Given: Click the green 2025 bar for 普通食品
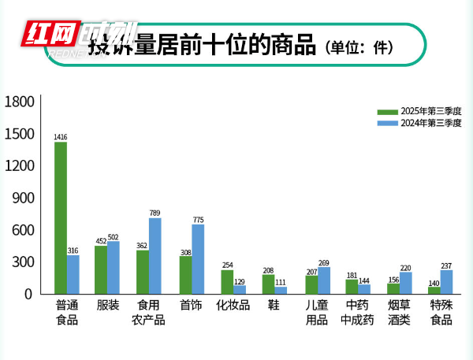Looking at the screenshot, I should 61,217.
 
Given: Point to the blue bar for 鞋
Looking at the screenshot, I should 281,289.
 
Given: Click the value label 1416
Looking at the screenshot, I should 61,138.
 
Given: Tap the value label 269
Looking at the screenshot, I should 324,262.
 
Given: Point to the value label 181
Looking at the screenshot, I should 352,275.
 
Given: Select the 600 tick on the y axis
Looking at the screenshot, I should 24,230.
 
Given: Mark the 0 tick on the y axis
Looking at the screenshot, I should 30,294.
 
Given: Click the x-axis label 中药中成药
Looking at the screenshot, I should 357,313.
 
